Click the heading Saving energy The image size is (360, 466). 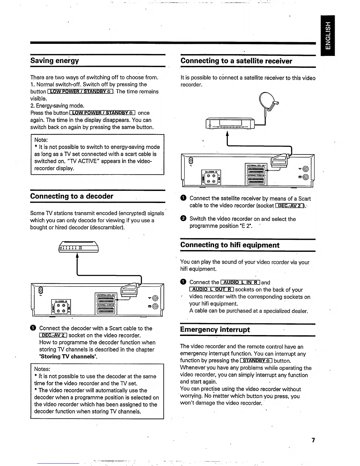55,61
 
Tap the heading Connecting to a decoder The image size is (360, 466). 72,196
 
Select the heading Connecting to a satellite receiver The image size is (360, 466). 236,61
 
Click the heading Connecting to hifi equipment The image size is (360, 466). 230,245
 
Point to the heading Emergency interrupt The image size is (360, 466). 215,329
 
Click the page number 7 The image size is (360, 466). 313,440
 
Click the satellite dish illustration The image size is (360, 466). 269,101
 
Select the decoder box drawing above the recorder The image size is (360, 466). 79,247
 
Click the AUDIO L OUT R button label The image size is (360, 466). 211,290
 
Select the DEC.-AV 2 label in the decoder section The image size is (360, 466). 53,335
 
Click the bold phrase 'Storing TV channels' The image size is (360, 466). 69,357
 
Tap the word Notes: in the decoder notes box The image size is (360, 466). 42,369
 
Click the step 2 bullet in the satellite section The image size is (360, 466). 183,219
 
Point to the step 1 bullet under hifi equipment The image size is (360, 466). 183,282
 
